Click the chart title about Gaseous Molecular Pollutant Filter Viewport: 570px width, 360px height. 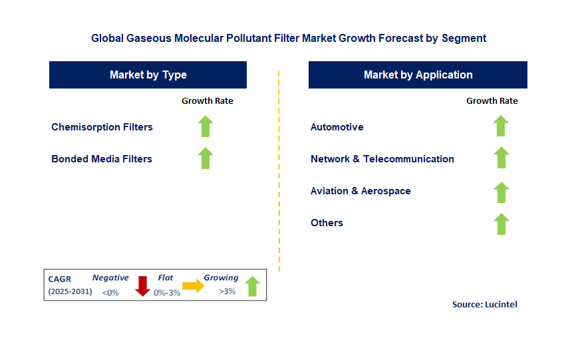click(289, 39)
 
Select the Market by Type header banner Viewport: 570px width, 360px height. click(148, 75)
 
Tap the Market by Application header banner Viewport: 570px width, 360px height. click(418, 75)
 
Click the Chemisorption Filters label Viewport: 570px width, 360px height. click(102, 127)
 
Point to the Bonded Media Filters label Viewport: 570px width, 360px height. click(102, 159)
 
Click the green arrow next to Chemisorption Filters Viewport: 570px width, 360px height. click(206, 126)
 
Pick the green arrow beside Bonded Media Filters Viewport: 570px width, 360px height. click(206, 158)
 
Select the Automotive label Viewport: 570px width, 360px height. click(337, 127)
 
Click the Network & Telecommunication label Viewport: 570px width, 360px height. click(382, 159)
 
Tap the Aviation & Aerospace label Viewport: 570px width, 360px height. click(360, 191)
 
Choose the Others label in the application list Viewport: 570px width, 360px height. click(327, 223)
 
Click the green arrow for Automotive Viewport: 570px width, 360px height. click(501, 126)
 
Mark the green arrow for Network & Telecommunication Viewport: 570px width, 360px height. click(501, 158)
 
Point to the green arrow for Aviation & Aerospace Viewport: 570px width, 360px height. click(501, 192)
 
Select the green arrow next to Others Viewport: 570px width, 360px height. click(501, 224)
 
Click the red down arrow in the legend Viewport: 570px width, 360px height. click(142, 285)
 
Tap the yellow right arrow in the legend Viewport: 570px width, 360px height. click(194, 285)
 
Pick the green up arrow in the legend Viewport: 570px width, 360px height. click(252, 286)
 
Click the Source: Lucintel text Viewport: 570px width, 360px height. click(484, 304)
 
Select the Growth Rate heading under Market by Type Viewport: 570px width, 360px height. click(208, 101)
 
